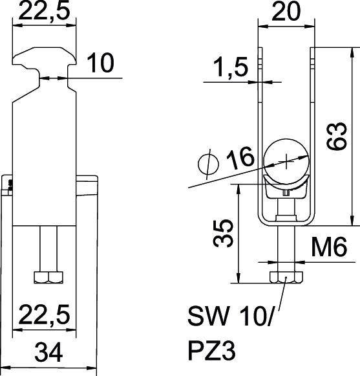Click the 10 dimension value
click(100, 63)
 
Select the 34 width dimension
click(50, 353)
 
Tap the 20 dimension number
click(285, 12)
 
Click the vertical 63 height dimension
click(337, 135)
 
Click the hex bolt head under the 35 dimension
click(284, 277)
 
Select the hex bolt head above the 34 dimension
click(48, 278)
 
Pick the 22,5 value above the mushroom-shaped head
click(45, 10)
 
